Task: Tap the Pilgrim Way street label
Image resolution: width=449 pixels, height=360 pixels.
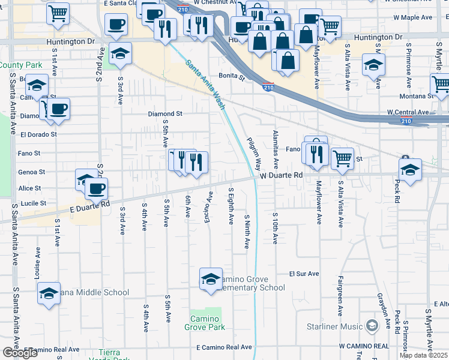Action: coord(255,154)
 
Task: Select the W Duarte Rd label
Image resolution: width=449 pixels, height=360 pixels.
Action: coord(280,175)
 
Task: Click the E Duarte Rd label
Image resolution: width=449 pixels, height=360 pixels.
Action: coord(90,205)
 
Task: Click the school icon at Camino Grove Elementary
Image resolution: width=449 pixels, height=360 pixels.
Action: coord(211,280)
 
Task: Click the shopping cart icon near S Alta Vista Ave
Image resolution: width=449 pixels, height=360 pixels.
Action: coord(342,158)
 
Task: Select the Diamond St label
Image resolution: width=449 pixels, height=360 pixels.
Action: coord(166,113)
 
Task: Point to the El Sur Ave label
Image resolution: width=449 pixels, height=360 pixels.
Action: coord(304,274)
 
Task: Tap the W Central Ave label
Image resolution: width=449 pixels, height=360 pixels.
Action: coord(408,112)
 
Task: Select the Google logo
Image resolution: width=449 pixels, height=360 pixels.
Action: coord(20,353)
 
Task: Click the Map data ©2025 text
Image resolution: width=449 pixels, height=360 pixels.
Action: coord(423,355)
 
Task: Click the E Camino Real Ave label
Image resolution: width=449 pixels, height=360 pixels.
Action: coord(224,347)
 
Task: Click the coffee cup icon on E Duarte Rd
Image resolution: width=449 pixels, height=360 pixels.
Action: coord(96,188)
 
